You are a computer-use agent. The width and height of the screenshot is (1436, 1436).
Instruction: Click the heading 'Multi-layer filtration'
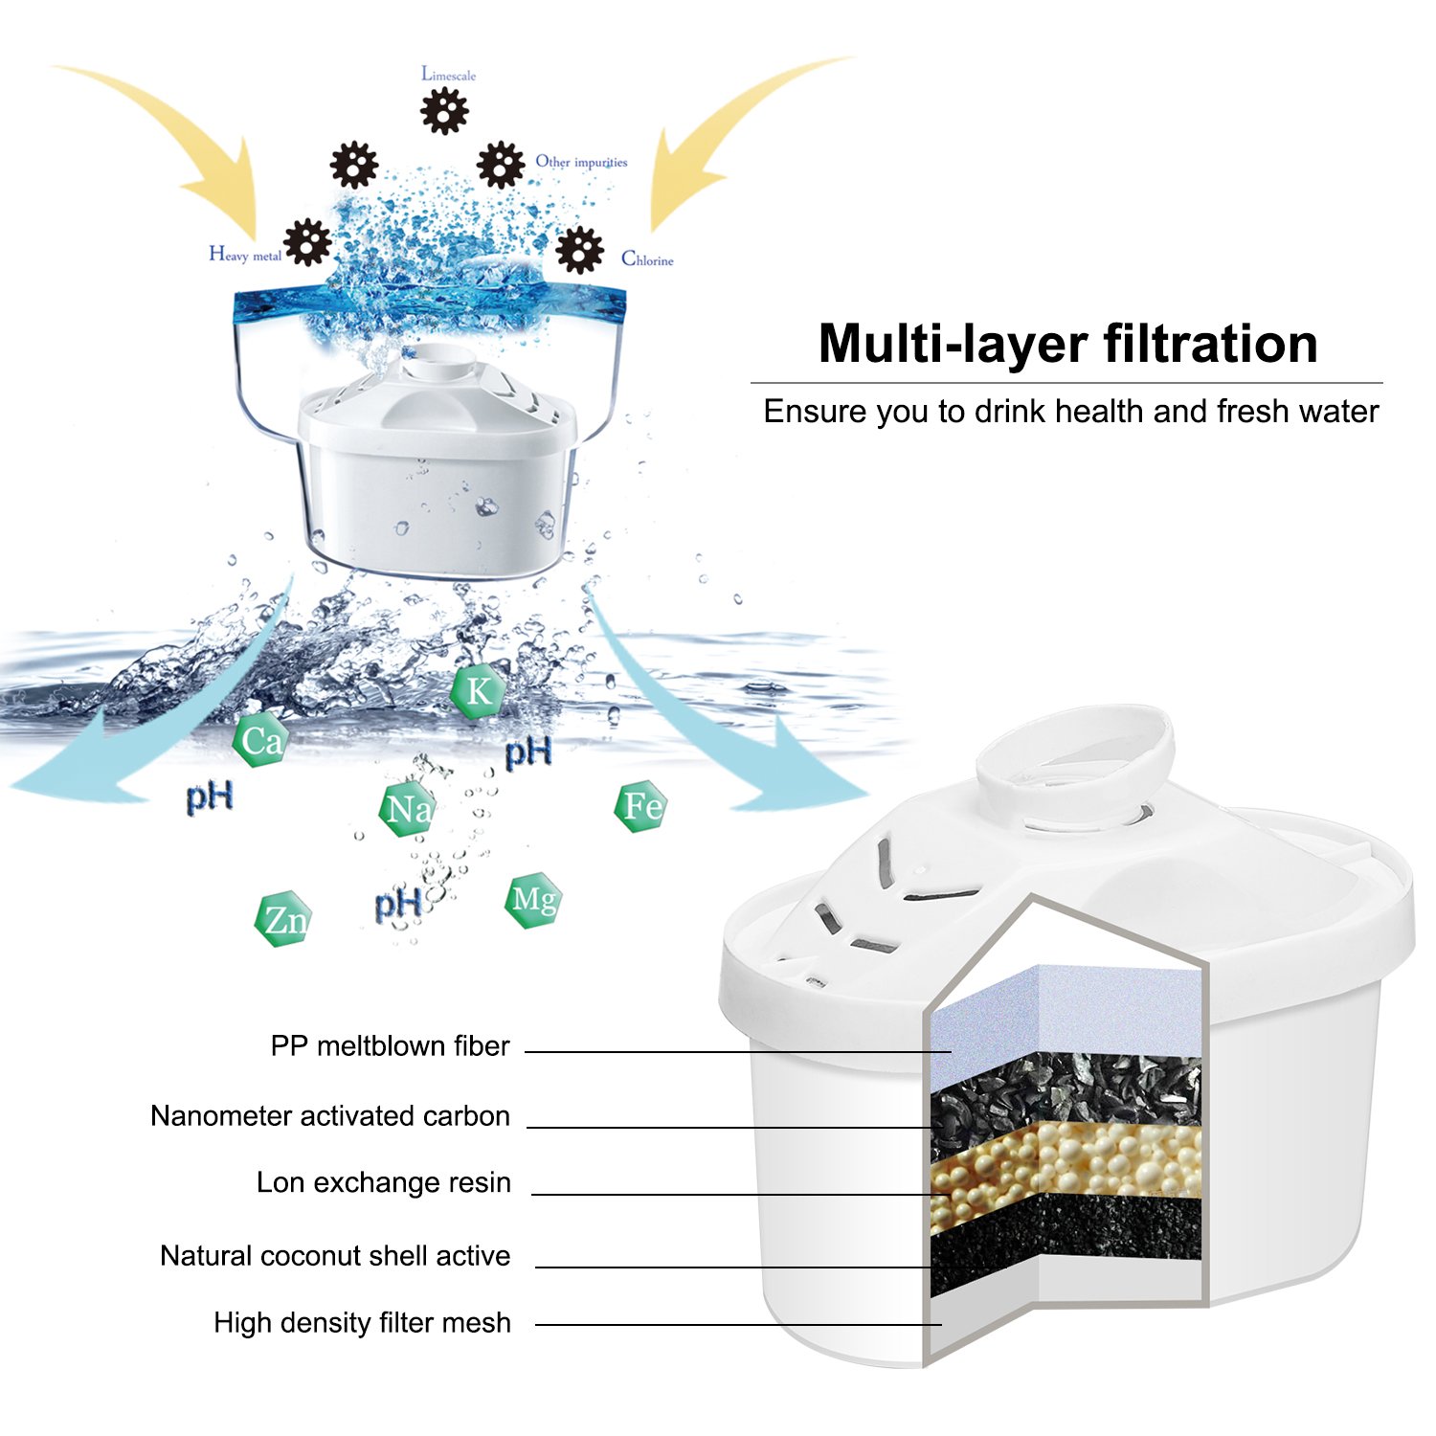coord(1067,344)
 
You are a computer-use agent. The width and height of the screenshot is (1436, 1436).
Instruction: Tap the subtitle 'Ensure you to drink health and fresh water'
coord(1070,412)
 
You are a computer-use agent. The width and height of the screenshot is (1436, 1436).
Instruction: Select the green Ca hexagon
coord(260,740)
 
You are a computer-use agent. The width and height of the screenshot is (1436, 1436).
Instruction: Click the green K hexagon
coord(479,690)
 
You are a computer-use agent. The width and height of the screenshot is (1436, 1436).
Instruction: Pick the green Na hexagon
coord(408,810)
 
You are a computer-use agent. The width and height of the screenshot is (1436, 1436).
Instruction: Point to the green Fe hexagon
coord(640,807)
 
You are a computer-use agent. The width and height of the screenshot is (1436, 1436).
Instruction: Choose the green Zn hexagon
coord(284,920)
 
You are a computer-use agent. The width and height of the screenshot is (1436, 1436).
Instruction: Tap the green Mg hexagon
coord(533,900)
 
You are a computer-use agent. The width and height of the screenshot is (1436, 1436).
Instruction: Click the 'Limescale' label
coord(448,75)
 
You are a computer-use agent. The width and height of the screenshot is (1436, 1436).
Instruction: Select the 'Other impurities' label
coord(581,162)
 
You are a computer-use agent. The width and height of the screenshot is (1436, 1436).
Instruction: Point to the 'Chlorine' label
coord(647,258)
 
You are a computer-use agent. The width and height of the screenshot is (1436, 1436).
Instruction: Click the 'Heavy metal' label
coord(245,255)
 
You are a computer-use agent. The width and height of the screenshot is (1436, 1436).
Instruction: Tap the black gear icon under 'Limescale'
coord(444,111)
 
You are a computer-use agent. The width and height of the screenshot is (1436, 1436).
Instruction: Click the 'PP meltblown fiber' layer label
coord(390,1045)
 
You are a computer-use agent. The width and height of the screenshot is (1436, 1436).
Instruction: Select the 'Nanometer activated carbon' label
coord(330,1116)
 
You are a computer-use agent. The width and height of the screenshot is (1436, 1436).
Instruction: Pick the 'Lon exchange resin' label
coord(383,1182)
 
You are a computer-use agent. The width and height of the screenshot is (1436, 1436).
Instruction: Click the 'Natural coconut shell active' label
coord(335,1255)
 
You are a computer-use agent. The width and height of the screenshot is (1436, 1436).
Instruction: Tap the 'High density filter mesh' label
coord(362,1322)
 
